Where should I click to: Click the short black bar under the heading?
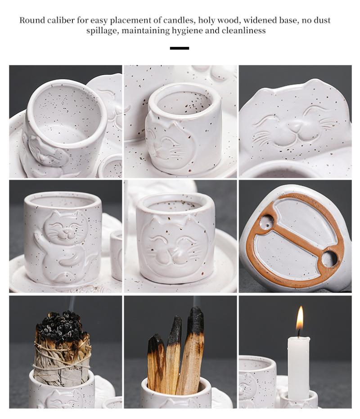pyautogui.click(x=180, y=48)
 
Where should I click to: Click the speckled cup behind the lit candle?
pyautogui.click(x=257, y=382)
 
